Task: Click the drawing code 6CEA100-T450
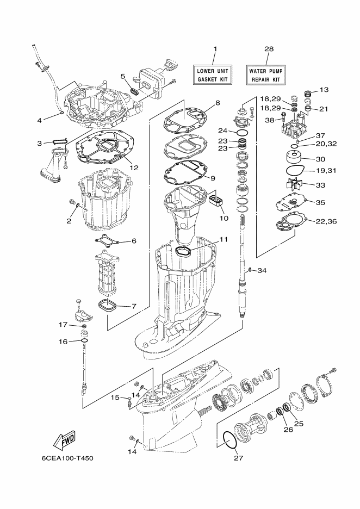67,458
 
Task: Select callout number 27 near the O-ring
238,458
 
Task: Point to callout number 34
262,270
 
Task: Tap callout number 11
224,239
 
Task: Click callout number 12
134,167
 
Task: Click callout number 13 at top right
324,89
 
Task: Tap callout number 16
63,342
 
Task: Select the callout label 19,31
328,171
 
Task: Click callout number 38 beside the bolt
270,120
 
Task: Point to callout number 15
114,398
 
